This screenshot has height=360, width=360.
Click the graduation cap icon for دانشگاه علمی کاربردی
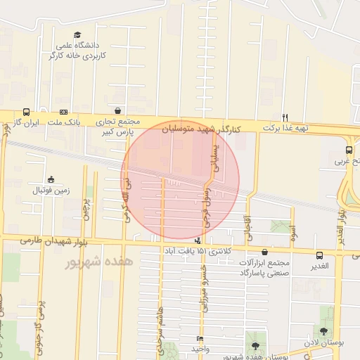point(77,35)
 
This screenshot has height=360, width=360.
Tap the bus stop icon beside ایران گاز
point(27,112)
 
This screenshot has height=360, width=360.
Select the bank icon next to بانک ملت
point(64,112)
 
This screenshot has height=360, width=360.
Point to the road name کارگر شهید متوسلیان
point(202,129)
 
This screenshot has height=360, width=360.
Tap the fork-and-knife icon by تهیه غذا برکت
point(285,117)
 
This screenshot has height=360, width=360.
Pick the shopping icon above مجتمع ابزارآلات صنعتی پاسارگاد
point(264,252)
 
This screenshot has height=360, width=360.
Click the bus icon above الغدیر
point(320,256)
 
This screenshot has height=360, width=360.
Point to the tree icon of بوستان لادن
point(323,331)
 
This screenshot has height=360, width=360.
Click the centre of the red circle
point(180,180)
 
